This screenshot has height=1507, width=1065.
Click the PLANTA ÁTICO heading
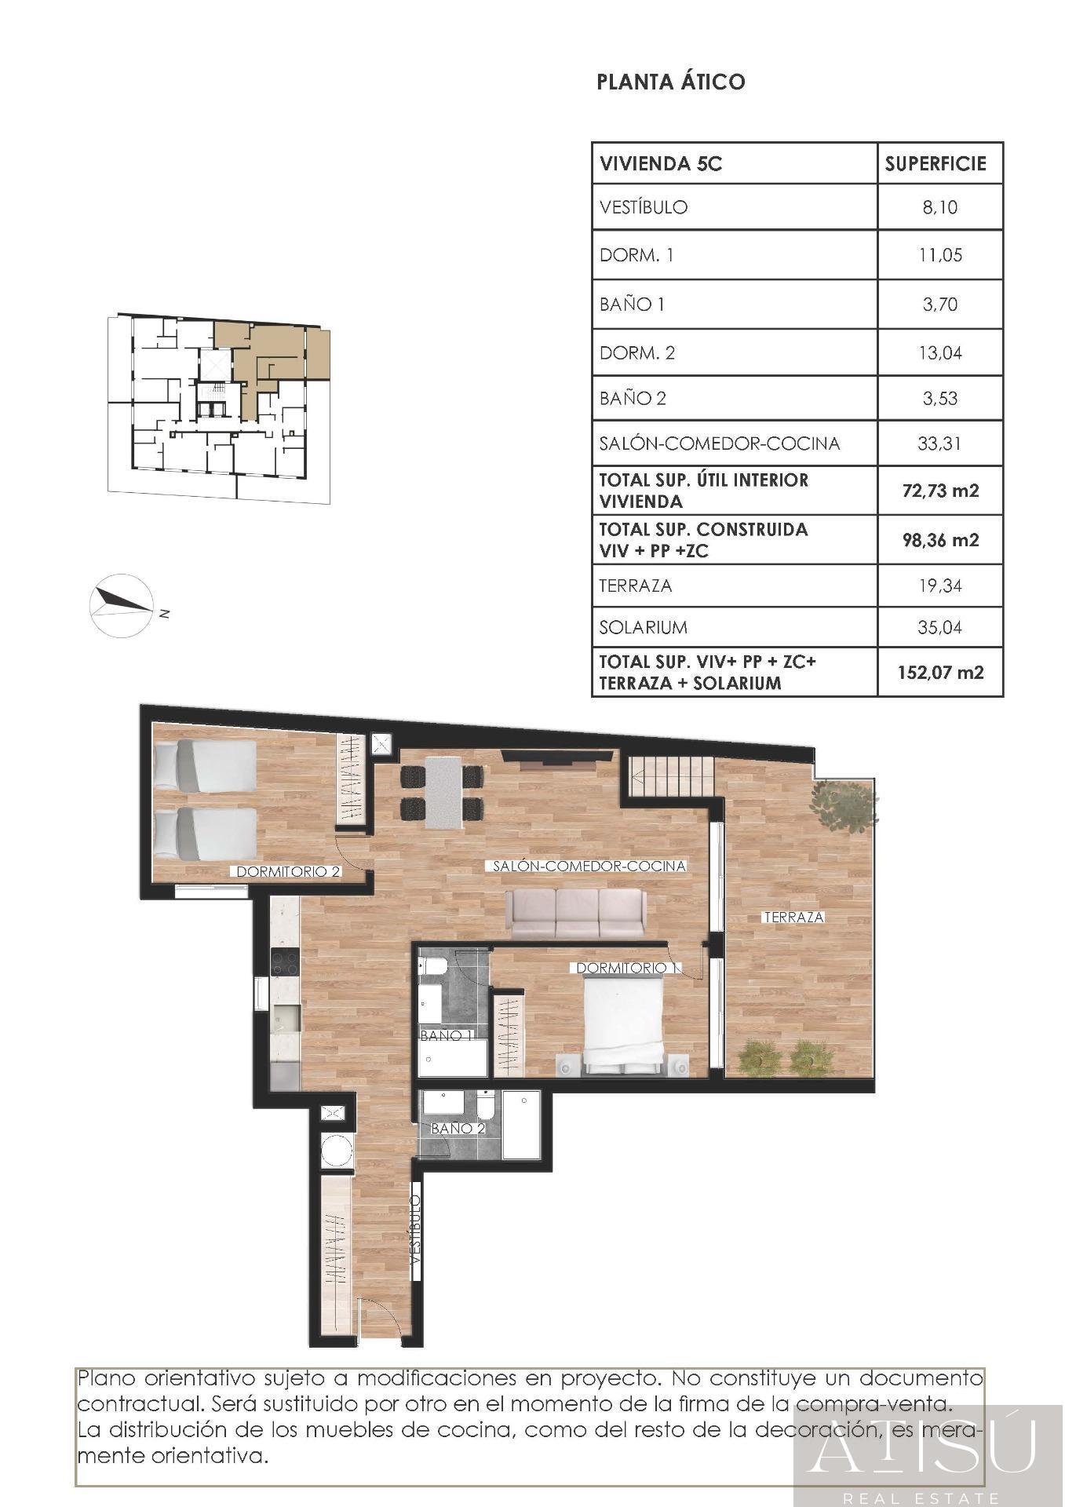[x=671, y=82]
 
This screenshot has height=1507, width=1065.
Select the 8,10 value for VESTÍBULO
[x=939, y=208]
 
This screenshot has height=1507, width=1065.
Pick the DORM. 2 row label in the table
[x=637, y=353]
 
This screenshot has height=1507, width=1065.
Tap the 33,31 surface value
[x=939, y=444]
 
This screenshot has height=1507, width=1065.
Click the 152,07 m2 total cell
[x=940, y=673]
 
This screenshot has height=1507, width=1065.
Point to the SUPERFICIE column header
[x=936, y=164]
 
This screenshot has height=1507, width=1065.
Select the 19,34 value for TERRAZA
[x=939, y=586]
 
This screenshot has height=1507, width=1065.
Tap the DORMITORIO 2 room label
[x=288, y=871]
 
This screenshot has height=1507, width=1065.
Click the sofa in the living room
[x=577, y=913]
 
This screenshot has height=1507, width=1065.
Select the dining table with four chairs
[x=442, y=792]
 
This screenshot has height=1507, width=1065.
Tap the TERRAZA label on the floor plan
[x=794, y=917]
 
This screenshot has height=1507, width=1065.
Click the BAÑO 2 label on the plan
[x=458, y=1129]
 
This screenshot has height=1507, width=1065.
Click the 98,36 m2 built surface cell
[x=940, y=540]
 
